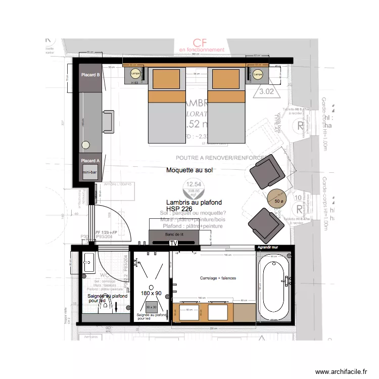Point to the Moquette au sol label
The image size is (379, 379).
click(190, 171)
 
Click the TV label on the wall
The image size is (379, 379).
click(174, 243)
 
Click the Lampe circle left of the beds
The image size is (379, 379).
click(135, 73)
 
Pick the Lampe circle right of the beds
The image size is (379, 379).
click(258, 74)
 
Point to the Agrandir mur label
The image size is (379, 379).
click(268, 248)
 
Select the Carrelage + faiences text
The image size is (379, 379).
click(218, 278)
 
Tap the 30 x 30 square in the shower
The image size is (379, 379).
click(151, 307)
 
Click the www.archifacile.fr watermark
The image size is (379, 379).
click(341, 372)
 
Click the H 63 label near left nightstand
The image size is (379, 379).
click(134, 82)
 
